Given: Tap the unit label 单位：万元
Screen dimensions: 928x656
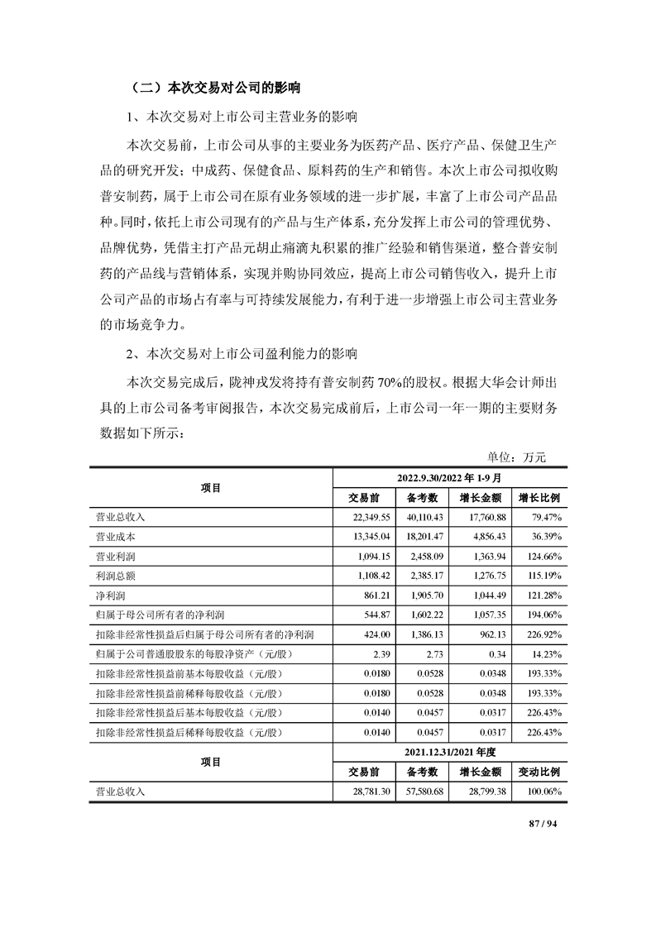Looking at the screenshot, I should tap(517, 457).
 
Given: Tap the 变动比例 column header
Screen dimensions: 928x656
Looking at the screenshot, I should tap(539, 772).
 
